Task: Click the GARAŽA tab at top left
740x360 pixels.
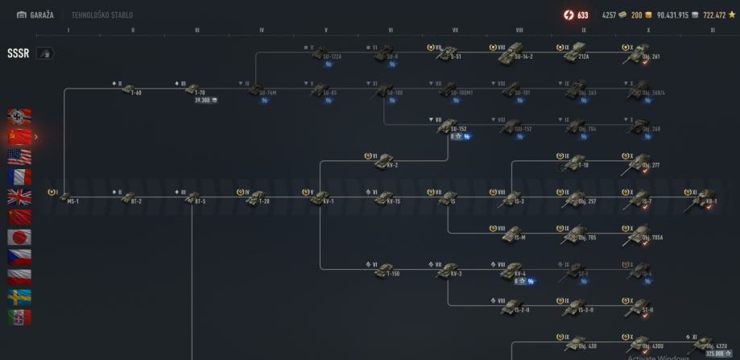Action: pyautogui.click(x=35, y=14)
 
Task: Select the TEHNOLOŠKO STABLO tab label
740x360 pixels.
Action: pyautogui.click(x=102, y=14)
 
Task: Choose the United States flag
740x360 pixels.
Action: pyautogui.click(x=19, y=156)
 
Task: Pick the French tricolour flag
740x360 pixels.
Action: pyautogui.click(x=19, y=176)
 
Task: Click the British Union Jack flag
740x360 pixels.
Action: pyautogui.click(x=19, y=197)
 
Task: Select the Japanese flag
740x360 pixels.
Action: pyautogui.click(x=19, y=237)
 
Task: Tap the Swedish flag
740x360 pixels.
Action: pyautogui.click(x=19, y=297)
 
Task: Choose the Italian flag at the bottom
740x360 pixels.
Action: pyautogui.click(x=19, y=317)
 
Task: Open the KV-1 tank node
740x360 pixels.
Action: pyautogui.click(x=322, y=197)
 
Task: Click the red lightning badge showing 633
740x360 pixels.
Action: pyautogui.click(x=577, y=14)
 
